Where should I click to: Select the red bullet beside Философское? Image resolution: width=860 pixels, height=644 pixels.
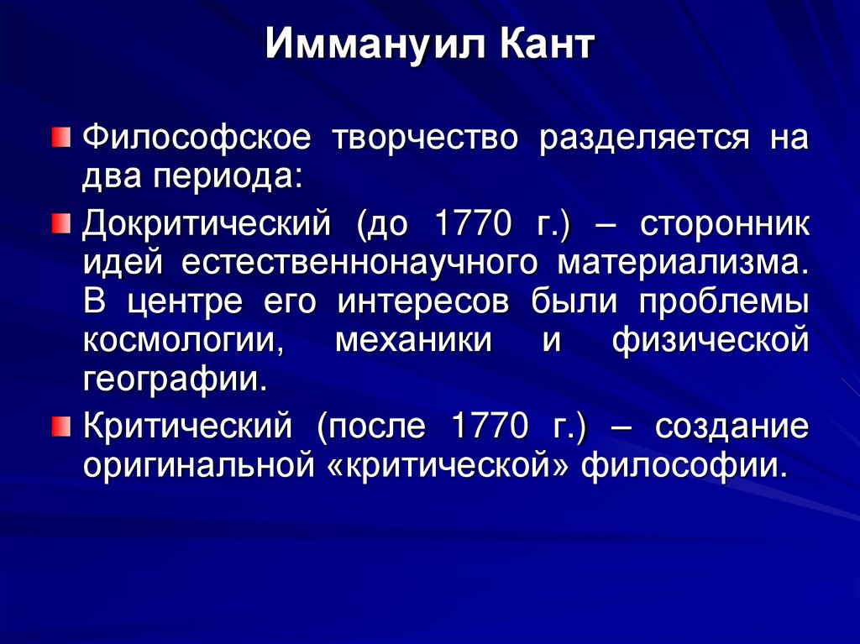[x=60, y=136]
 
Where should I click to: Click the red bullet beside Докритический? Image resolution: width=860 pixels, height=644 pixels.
[x=60, y=224]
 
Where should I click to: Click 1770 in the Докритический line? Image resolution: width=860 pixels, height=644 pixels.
[x=471, y=225]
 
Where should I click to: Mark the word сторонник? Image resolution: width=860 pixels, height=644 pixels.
[x=725, y=225]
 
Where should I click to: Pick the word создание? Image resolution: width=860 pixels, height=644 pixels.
[x=732, y=427]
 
